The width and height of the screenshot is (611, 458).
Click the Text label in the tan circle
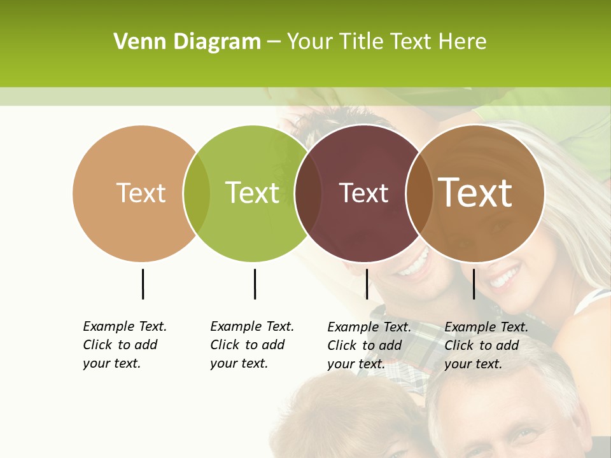(141, 193)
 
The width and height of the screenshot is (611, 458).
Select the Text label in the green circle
(253, 193)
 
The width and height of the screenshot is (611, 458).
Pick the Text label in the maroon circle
(363, 193)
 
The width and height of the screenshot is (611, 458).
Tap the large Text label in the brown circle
(475, 193)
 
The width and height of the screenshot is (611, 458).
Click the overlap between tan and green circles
(197, 193)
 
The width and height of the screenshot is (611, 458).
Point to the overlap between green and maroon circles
(308, 193)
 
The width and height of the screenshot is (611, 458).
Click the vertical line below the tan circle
(143, 284)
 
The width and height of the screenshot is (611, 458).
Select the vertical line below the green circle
(255, 284)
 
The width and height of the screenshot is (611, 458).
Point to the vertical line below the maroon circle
(367, 284)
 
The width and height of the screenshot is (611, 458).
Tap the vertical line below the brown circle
(474, 284)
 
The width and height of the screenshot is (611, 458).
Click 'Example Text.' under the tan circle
(125, 326)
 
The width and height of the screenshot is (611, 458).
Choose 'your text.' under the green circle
(239, 363)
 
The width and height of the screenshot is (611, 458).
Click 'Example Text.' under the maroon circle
(369, 327)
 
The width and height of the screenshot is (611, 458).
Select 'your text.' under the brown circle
(473, 364)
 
